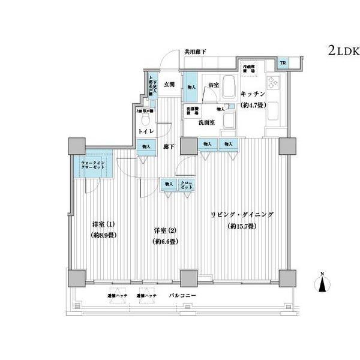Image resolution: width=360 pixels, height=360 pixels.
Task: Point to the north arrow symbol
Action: pos(322,283)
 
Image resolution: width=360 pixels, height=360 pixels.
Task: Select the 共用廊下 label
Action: pos(194,52)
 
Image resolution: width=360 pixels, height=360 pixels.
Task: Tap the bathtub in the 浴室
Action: pos(229,88)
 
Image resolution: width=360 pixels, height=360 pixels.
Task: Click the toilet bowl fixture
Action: pos(144,119)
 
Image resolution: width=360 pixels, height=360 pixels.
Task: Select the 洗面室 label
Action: pos(208,122)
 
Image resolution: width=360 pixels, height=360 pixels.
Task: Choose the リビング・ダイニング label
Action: pos(242,215)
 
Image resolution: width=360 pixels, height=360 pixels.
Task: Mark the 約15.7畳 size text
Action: pos(242,226)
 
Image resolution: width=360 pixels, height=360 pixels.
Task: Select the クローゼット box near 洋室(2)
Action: pos(186,184)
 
